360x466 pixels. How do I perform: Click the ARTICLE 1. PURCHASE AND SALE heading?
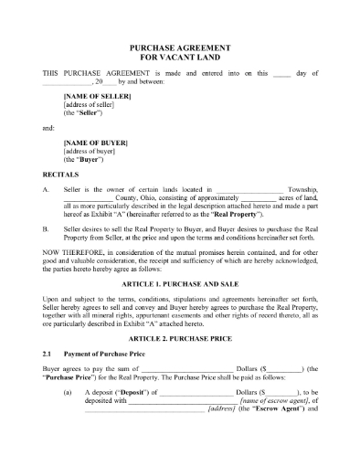179,283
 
